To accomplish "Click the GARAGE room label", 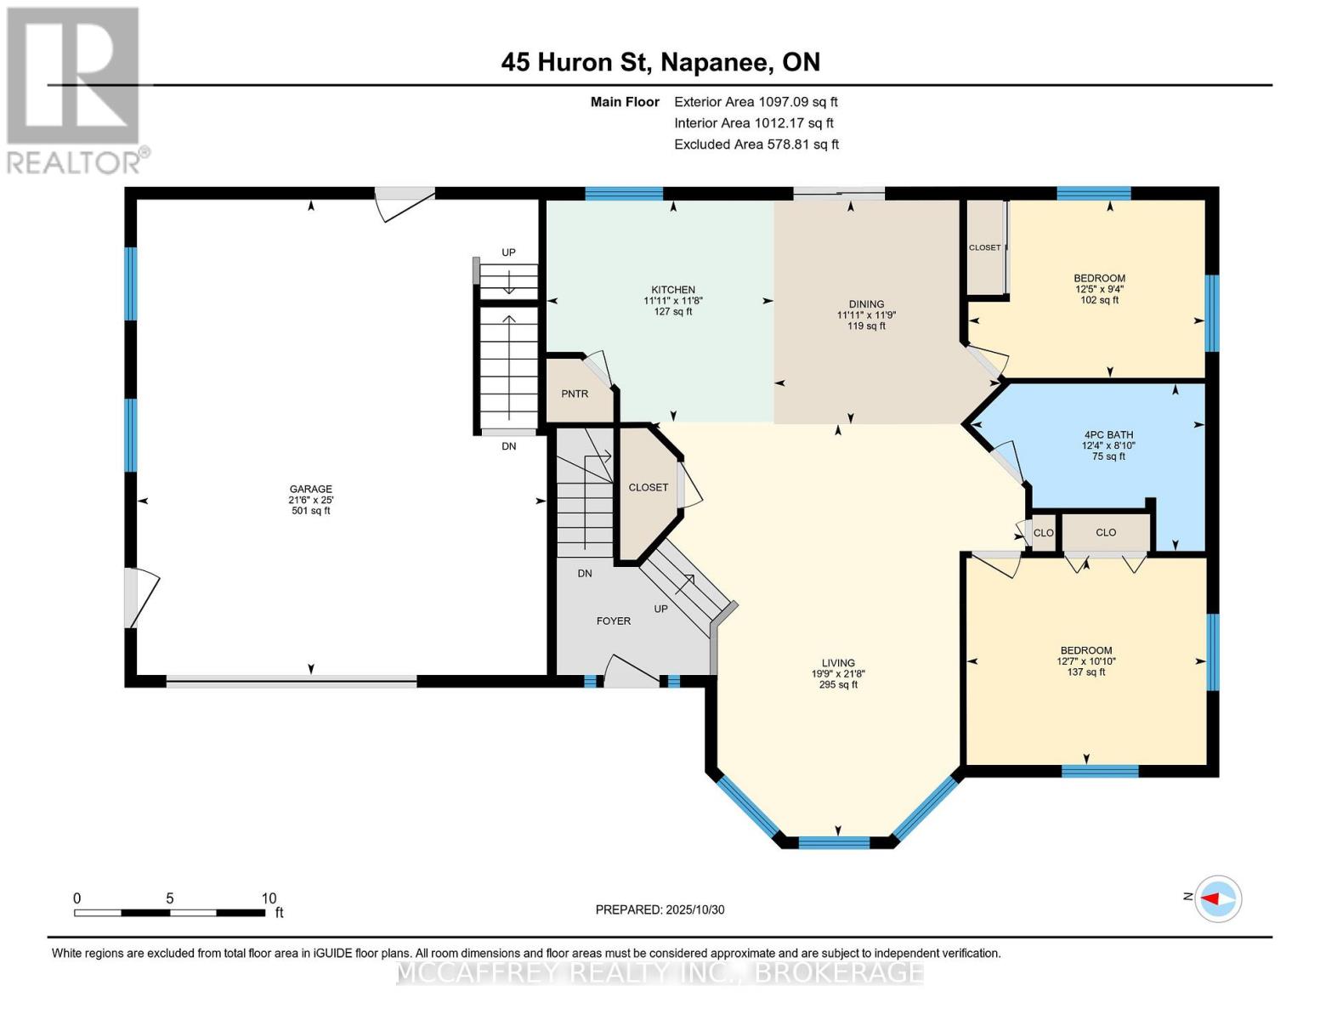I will tap(310, 490).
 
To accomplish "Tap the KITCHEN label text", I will tap(673, 290).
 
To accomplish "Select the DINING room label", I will tap(866, 304).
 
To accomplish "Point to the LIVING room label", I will tap(838, 663).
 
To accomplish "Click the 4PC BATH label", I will tap(1108, 434).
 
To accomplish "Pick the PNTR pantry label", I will tap(575, 394).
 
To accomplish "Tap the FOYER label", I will tap(613, 621).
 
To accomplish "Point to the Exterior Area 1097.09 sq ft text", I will tap(756, 102).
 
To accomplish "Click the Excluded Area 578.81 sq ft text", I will tap(756, 144).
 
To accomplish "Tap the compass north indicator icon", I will tap(1218, 898).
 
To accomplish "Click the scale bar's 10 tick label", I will tap(269, 898).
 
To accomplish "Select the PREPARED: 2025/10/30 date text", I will tap(660, 909).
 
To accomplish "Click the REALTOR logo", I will tap(75, 89).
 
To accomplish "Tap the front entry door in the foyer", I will tap(630, 672).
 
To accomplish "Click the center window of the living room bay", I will tap(834, 842).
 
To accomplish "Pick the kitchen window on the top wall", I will tap(624, 194).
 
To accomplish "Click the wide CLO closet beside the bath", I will tap(1105, 533).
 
